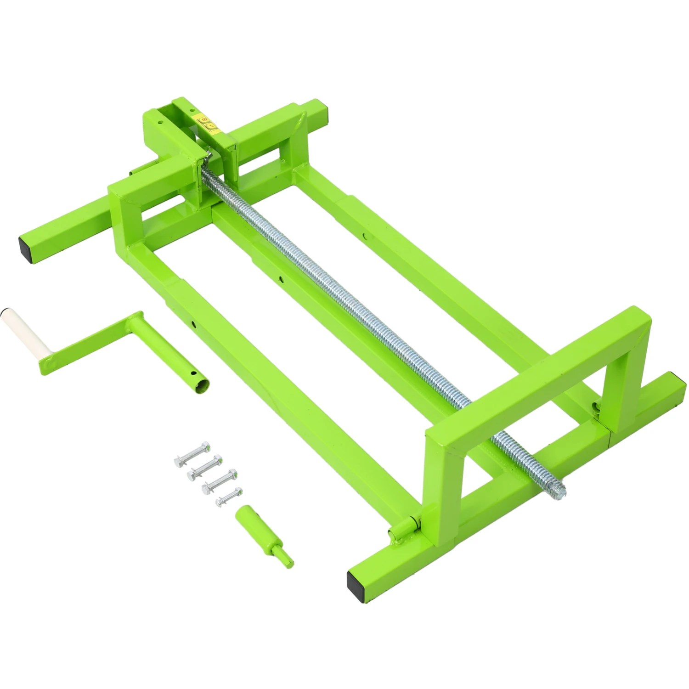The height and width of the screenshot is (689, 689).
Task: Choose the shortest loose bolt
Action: click(x=229, y=497)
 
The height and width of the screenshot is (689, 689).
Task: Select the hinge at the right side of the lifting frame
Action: click(x=597, y=407)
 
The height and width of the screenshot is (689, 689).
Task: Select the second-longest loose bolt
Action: click(x=205, y=467)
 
